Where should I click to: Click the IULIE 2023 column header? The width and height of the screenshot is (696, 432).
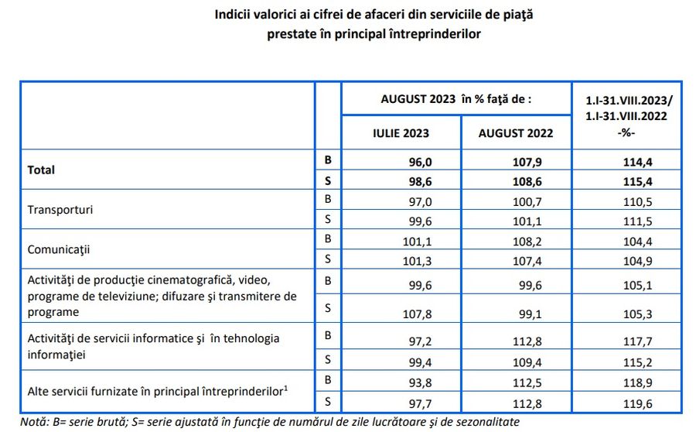[401, 133]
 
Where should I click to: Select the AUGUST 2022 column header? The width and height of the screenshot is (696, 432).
[516, 133]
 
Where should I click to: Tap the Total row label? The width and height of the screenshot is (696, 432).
[41, 169]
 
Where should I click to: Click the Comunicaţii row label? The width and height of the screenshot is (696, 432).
[60, 250]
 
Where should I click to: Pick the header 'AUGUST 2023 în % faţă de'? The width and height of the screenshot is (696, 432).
[456, 99]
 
